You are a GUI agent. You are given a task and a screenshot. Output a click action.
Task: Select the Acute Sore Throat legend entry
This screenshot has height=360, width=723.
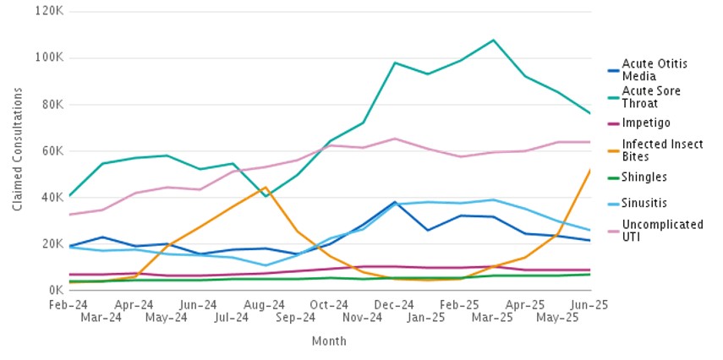[651, 96]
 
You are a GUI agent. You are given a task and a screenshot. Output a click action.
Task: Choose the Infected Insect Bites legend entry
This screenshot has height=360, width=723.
[662, 150]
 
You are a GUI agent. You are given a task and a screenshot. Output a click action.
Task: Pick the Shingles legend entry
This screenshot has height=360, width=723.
[644, 177]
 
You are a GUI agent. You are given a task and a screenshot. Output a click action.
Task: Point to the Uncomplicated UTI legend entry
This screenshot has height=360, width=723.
[662, 231]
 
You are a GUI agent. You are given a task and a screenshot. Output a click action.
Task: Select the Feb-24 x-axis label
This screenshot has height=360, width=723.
[69, 304]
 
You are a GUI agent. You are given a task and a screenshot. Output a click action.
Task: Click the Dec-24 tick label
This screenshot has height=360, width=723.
[395, 304]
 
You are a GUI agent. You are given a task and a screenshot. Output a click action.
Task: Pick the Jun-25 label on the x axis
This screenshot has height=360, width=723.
[590, 304]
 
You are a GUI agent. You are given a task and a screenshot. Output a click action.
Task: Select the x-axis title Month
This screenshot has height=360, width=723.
[329, 341]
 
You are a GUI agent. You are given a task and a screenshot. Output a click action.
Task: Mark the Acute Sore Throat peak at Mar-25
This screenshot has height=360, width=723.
[493, 40]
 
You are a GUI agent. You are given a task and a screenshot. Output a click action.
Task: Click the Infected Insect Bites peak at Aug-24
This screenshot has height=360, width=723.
[266, 188]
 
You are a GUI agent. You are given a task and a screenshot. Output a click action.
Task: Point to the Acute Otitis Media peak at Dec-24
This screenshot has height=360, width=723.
[395, 202]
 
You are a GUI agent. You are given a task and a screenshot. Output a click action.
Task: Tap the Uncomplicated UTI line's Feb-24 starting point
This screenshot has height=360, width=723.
[69, 215]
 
